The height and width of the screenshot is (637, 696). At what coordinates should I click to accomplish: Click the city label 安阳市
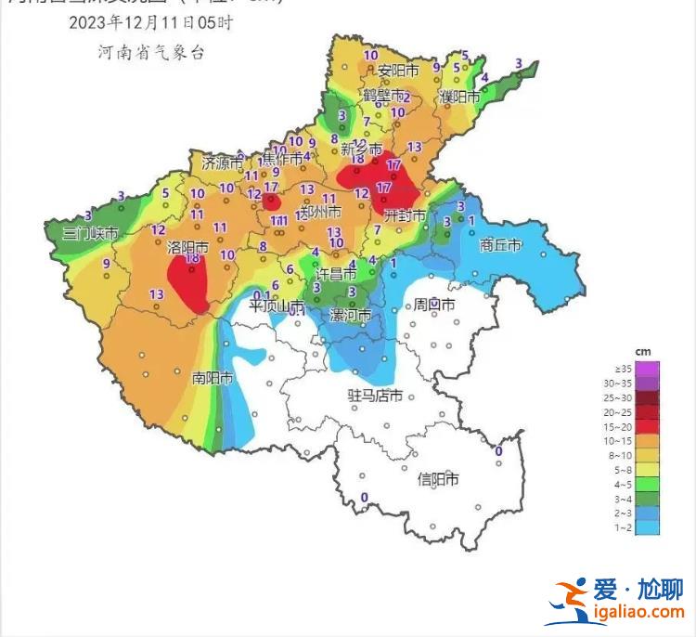(398, 71)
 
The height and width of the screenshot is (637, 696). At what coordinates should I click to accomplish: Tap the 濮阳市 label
(459, 97)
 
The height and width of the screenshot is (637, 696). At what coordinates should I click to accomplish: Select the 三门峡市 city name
(89, 233)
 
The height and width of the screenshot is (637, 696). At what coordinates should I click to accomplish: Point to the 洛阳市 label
(187, 247)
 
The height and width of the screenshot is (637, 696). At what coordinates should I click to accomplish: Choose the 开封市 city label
(406, 215)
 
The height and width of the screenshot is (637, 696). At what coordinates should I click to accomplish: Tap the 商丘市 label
(500, 246)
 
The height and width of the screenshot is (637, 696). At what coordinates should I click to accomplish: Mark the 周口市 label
(433, 305)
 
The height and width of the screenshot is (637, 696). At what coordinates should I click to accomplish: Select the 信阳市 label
(438, 479)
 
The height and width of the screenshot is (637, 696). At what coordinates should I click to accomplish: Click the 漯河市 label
(351, 316)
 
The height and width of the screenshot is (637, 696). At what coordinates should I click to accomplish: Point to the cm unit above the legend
(642, 351)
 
